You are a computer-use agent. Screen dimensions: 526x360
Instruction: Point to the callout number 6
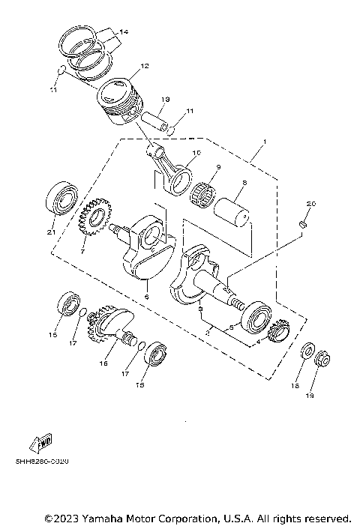point(147,297)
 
